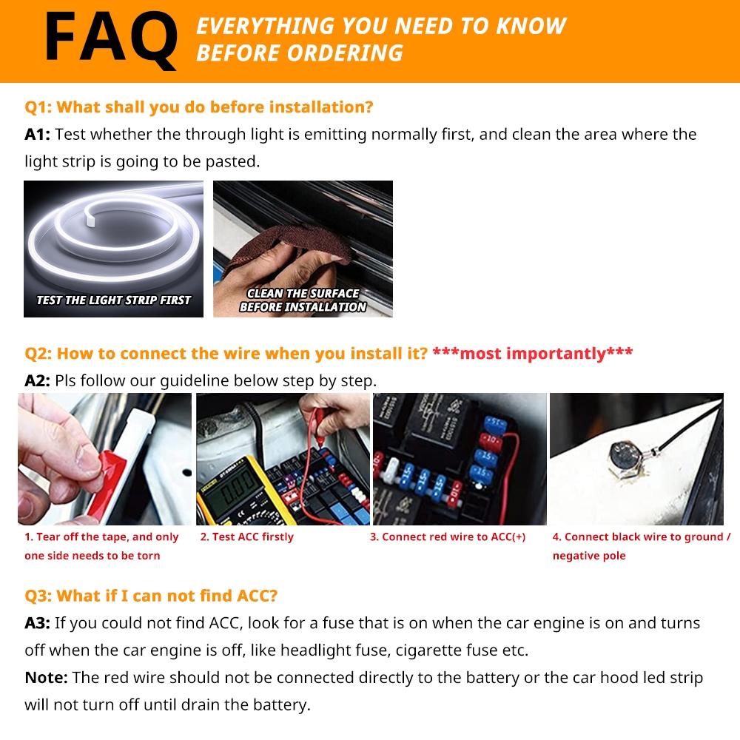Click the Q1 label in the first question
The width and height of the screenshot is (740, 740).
38,107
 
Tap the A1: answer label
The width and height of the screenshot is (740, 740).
38,134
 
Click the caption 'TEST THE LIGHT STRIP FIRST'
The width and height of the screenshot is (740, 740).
113,300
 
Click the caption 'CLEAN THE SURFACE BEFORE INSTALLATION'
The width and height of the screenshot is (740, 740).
303,300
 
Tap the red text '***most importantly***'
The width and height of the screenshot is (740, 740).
532,354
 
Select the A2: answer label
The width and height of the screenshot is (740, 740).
38,381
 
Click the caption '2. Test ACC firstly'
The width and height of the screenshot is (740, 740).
246,537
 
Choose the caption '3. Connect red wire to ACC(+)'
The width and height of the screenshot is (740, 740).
448,537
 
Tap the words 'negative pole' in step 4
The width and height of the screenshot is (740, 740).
589,556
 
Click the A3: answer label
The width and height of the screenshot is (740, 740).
38,623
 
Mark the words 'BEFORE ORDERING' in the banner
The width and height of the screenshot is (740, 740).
300,53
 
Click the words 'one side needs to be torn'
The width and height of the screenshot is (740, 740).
92,556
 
